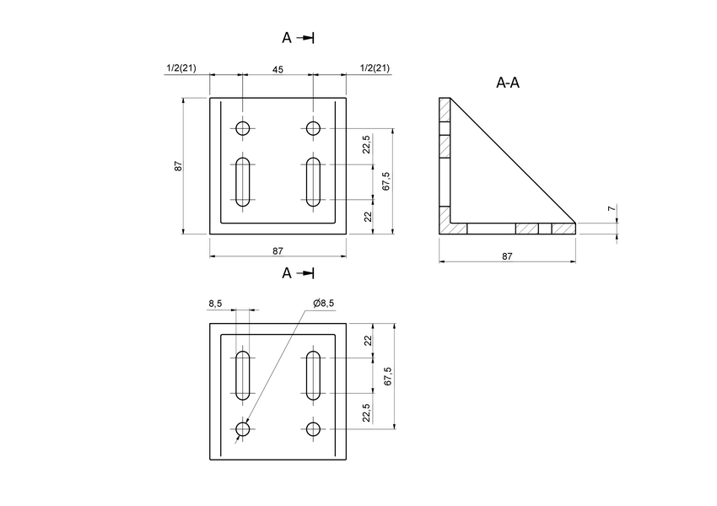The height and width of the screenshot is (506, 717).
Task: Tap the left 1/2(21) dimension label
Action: (x=181, y=68)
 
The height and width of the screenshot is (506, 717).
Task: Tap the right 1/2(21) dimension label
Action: (x=374, y=68)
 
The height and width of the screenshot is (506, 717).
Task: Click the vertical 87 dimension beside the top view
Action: (x=179, y=166)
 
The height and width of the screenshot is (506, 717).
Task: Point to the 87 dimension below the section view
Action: (x=507, y=256)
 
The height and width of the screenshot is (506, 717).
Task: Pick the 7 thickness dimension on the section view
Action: (x=612, y=208)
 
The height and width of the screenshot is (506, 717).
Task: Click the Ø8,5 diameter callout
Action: (x=323, y=304)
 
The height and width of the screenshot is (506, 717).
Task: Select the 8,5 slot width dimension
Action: (x=216, y=304)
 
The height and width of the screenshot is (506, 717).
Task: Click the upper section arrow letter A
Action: (x=287, y=38)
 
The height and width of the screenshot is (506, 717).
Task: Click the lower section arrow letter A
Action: (x=287, y=273)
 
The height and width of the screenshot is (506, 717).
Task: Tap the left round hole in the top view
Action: (x=243, y=128)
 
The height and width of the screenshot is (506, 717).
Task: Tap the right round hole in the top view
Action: (x=313, y=128)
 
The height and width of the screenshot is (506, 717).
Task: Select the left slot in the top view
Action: (x=243, y=181)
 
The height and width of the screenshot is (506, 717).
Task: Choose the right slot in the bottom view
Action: (x=313, y=375)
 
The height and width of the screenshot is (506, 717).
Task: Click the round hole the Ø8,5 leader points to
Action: (x=243, y=429)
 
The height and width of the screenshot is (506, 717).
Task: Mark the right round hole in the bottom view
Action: (x=313, y=429)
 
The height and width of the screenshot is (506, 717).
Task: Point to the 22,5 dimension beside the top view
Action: (x=366, y=146)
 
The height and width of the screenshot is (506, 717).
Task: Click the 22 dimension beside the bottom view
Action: (x=367, y=341)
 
